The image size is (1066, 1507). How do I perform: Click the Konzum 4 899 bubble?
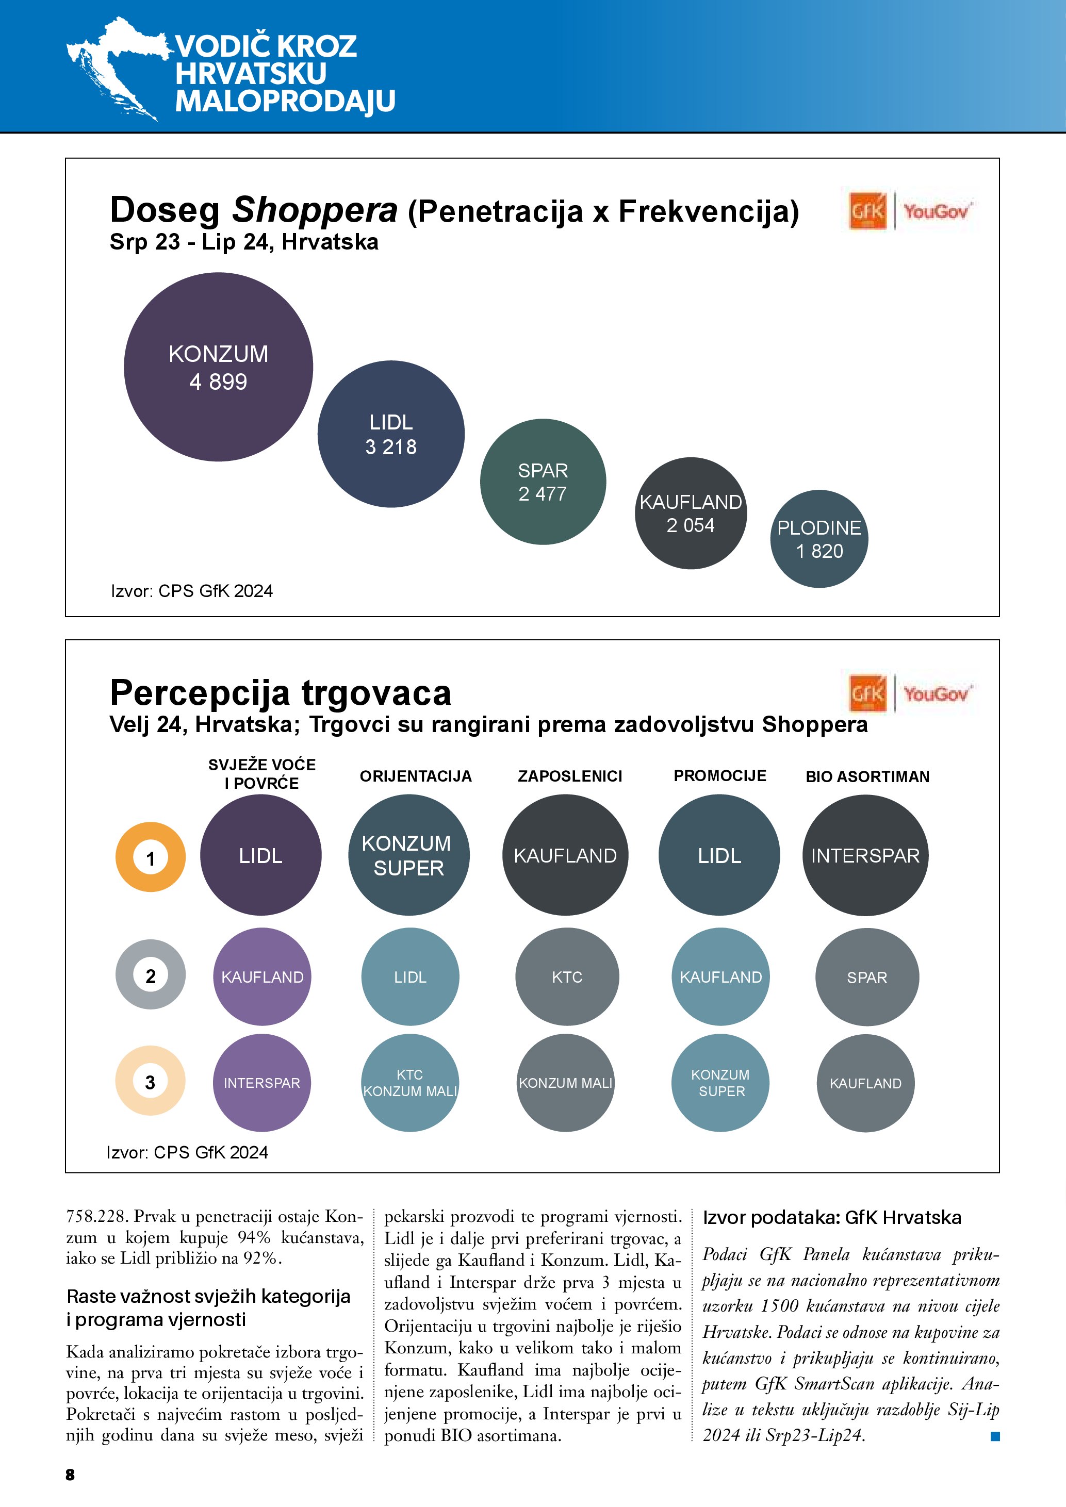pyautogui.click(x=218, y=367)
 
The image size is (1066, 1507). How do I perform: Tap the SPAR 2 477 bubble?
pyautogui.click(x=543, y=482)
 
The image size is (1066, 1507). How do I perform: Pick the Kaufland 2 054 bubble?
pyautogui.click(x=691, y=514)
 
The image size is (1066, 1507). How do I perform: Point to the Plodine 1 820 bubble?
pyautogui.click(x=818, y=539)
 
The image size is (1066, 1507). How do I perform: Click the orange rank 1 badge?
pyautogui.click(x=150, y=857)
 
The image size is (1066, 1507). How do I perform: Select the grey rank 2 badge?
pyautogui.click(x=150, y=975)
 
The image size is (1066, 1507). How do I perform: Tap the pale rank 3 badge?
pyautogui.click(x=150, y=1081)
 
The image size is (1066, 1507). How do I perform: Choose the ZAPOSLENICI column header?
pyautogui.click(x=570, y=776)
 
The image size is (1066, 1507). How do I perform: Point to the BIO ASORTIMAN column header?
pyautogui.click(x=867, y=776)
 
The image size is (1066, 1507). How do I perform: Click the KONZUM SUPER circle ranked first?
pyautogui.click(x=408, y=855)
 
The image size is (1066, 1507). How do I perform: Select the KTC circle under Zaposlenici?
pyautogui.click(x=567, y=976)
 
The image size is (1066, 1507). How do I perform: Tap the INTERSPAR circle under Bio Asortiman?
pyautogui.click(x=865, y=855)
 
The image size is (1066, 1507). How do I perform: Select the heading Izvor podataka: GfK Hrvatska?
pyautogui.click(x=832, y=1218)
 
